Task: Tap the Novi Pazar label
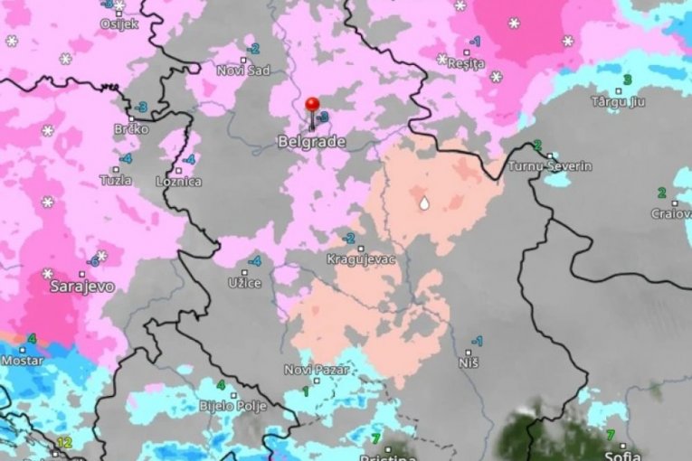[310, 369]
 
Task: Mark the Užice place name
[244, 283]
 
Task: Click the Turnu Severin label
[549, 166]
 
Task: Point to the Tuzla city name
[115, 180]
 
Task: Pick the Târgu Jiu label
[618, 101]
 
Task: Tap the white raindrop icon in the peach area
[423, 203]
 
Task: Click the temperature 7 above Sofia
[610, 435]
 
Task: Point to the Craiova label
[670, 214]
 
